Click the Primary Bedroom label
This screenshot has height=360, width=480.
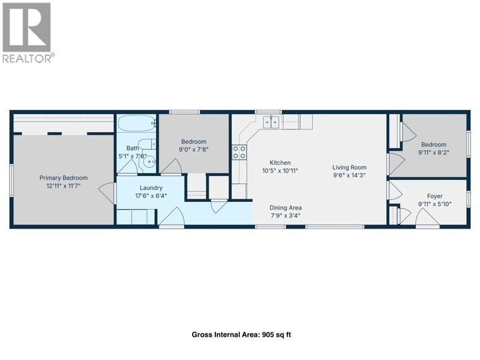(63, 178)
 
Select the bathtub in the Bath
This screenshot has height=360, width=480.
(137, 123)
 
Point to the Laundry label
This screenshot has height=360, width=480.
(151, 188)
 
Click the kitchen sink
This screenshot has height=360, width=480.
(272, 121)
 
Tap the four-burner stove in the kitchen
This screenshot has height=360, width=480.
(239, 152)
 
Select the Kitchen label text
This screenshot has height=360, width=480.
(280, 163)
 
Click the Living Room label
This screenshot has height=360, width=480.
(350, 167)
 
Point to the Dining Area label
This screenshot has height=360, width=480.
(286, 207)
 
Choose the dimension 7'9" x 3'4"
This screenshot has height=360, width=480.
(286, 215)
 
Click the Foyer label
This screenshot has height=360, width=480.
(430, 196)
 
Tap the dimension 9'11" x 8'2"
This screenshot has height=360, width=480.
(433, 153)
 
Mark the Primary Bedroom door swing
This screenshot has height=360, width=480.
(107, 193)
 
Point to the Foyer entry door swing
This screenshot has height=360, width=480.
(423, 217)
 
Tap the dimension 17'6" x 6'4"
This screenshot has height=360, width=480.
(151, 196)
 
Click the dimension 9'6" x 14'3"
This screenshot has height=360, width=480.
(350, 176)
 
